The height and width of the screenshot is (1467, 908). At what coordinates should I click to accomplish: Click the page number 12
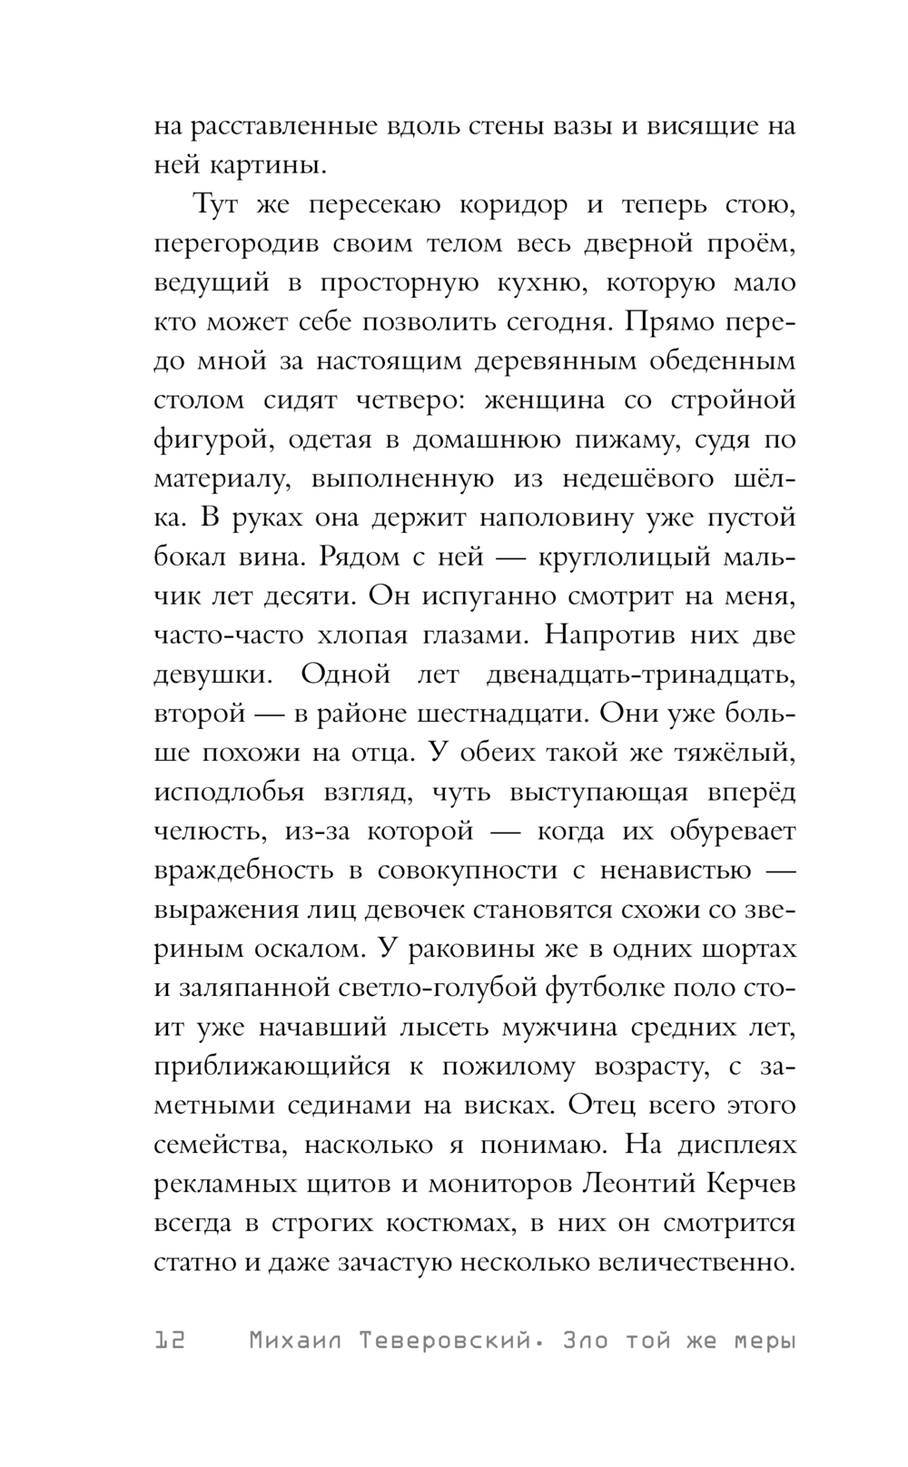point(170,1340)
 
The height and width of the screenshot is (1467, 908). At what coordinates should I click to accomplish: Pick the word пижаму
point(626,439)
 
